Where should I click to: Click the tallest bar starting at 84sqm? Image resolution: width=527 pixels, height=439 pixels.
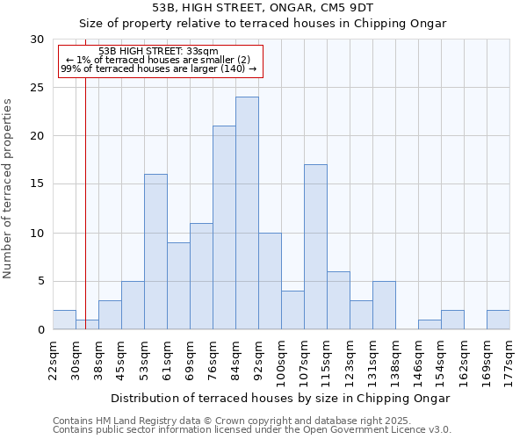247,213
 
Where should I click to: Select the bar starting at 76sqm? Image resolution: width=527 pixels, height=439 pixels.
224,227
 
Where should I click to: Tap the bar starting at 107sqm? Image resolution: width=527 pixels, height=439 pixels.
315,247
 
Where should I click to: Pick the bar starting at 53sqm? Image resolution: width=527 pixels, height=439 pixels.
155,252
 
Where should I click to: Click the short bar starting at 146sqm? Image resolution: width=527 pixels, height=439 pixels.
430,325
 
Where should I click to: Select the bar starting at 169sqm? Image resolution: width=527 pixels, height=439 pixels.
498,320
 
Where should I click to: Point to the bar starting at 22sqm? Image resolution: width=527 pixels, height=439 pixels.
64,320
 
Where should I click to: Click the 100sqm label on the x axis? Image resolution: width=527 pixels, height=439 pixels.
281,358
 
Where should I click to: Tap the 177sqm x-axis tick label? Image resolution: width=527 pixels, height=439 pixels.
509,358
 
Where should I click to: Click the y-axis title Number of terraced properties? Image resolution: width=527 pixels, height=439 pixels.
8,189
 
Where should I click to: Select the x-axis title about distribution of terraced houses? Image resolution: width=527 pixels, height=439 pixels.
281,398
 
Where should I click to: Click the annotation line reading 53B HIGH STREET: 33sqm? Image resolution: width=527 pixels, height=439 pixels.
159,52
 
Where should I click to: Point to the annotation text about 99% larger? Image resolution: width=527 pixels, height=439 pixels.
159,68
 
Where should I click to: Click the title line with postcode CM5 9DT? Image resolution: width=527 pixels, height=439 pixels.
263,7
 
